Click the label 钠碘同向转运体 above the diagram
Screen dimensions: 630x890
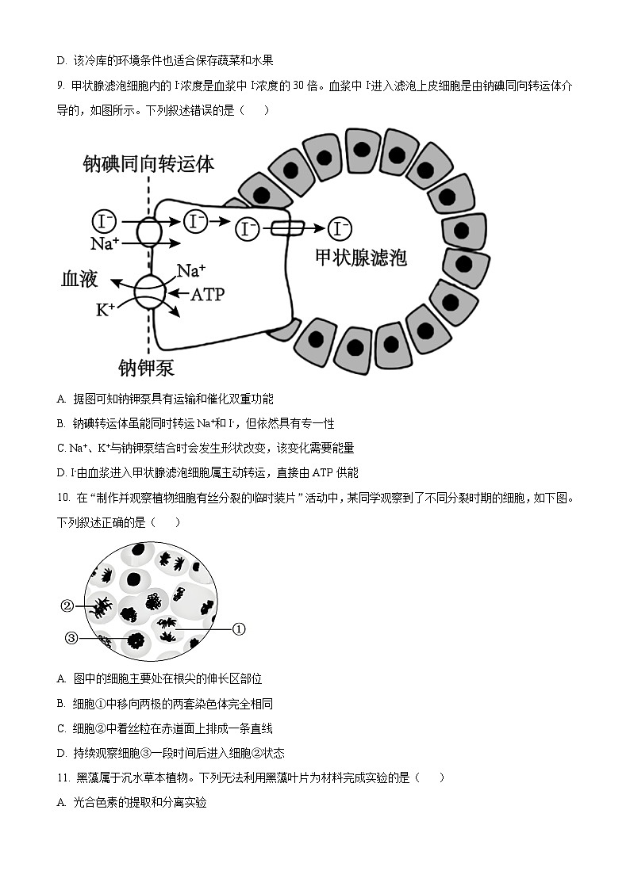[148, 164]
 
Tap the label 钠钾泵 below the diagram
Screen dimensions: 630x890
[146, 368]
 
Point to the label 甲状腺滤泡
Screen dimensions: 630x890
[361, 258]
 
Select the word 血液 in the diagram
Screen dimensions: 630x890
[79, 278]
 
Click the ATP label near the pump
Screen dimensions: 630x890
[207, 295]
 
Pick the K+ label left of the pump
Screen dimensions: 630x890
[106, 310]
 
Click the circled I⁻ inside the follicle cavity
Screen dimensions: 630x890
[340, 229]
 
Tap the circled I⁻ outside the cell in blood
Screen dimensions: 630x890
[104, 220]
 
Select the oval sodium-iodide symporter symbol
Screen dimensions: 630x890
[149, 231]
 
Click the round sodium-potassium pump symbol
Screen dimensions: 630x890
[149, 292]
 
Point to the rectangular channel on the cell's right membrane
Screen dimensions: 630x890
[286, 229]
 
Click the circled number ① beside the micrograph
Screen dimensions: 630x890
[239, 629]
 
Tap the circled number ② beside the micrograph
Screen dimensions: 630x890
[67, 606]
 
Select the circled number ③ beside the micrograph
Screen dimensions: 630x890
[71, 638]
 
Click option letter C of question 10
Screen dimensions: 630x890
[61, 728]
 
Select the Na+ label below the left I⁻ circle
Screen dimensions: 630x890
[105, 243]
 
